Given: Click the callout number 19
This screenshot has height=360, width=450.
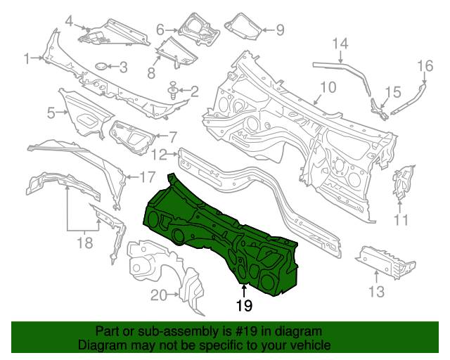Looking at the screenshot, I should pos(243,306).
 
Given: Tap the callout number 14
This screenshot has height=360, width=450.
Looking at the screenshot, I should pos(340,44).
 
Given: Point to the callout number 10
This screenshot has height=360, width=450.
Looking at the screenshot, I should pos(329,88).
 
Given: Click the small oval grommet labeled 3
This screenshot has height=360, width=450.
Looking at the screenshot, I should pos(101,67).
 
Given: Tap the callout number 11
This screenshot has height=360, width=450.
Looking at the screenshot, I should pos(401,221).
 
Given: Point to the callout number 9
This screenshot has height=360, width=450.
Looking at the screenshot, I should pos(279,30).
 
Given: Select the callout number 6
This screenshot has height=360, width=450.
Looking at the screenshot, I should pos(160,30).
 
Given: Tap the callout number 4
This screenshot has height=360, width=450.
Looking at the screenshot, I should pos(69,21).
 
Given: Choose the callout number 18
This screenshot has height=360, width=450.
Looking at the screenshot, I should pos(84,244).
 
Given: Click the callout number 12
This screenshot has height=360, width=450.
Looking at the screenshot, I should pos(160,154).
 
